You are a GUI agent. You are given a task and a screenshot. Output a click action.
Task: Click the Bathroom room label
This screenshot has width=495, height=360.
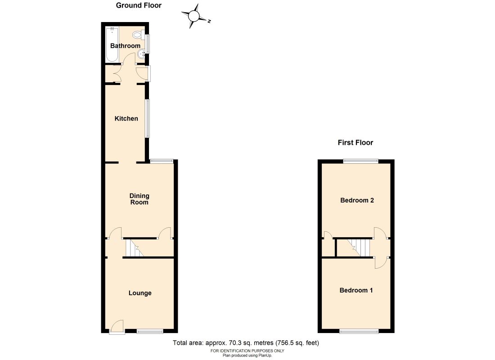(125, 46)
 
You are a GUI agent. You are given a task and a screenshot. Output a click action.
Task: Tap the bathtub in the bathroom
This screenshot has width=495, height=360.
(112, 44)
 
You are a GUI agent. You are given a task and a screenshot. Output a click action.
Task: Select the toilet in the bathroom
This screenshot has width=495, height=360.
(138, 35)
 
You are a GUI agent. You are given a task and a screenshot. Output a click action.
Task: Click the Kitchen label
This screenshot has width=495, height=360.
(126, 119)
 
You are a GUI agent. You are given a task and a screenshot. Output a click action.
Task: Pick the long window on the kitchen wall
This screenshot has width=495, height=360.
(147, 118)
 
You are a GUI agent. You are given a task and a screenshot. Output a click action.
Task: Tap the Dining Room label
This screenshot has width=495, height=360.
(139, 199)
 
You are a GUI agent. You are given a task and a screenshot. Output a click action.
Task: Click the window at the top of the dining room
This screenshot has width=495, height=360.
(161, 161)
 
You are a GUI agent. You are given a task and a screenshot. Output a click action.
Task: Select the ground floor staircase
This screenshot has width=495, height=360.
(134, 248)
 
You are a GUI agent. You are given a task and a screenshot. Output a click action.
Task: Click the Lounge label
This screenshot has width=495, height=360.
(140, 293)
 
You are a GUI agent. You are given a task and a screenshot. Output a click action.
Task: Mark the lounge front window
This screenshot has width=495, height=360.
(150, 332)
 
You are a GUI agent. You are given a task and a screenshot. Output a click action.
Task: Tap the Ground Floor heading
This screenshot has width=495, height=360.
(139, 5)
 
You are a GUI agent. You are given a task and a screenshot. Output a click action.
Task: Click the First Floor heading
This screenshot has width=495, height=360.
(355, 143)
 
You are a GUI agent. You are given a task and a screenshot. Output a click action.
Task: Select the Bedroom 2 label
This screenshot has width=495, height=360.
(357, 200)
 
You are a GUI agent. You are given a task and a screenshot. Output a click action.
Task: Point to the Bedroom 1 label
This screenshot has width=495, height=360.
(356, 290)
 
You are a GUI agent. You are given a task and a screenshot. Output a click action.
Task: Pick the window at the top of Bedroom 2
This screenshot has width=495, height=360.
(361, 161)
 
